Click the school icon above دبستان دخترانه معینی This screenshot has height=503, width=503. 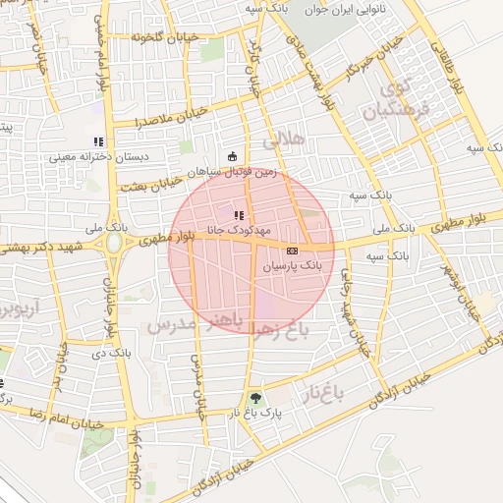96,141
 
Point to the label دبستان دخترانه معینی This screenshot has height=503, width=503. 98,156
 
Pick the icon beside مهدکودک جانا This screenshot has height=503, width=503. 239,214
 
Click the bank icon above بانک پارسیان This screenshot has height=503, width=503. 292,251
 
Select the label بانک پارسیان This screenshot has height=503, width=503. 293,266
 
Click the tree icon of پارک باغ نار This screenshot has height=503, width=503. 256,399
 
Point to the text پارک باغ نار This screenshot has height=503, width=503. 257,414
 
